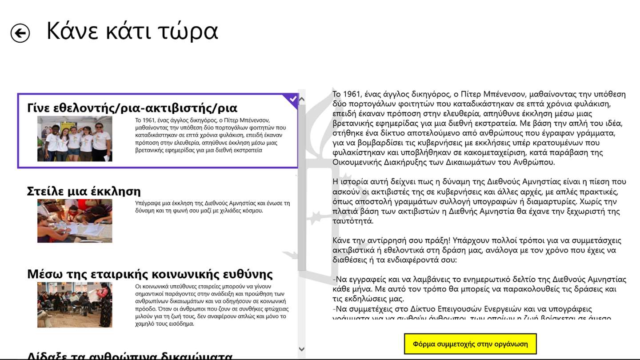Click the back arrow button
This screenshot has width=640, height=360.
(20, 33)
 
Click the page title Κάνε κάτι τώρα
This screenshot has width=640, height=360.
(132, 31)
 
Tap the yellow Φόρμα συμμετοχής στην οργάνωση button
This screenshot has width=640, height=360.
(470, 344)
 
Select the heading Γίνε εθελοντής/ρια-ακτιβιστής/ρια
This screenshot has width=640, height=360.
(132, 108)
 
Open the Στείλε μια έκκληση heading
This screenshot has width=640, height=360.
(84, 191)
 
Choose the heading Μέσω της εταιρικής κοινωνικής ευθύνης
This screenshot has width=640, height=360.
(150, 274)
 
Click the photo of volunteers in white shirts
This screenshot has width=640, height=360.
(75, 139)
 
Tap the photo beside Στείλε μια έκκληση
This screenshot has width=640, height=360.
(75, 221)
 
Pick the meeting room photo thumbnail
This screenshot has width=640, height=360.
(75, 304)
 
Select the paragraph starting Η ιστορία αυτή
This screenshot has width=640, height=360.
(479, 201)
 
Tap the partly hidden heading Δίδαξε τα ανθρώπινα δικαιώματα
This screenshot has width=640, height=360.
(130, 356)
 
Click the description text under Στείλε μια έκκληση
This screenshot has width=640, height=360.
(212, 207)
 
